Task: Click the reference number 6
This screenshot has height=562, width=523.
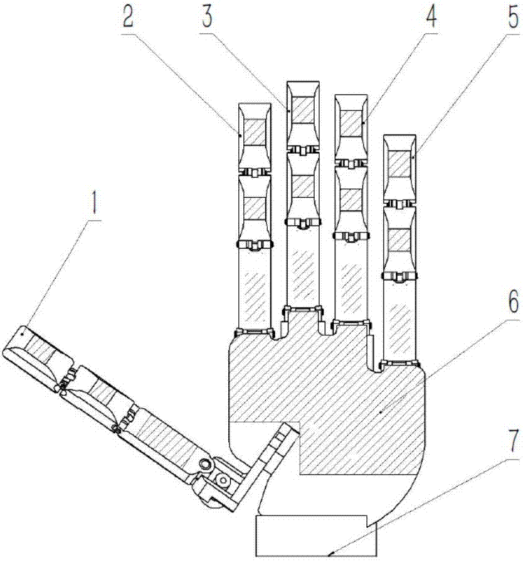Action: (514, 303)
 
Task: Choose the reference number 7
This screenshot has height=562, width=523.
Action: (514, 442)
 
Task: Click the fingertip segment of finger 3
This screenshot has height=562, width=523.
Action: (304, 114)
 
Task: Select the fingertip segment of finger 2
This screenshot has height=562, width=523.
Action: (255, 136)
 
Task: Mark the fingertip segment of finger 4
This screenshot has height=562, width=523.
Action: (351, 127)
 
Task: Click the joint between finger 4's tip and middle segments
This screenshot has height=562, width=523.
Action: (351, 164)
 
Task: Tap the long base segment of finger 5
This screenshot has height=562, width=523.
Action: (399, 319)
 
